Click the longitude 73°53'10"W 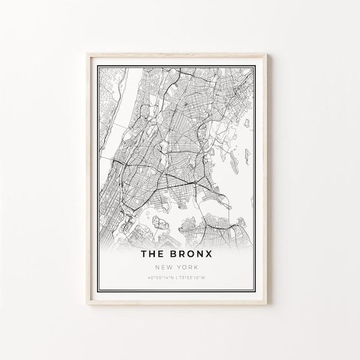[x=191, y=260]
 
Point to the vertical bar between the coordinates [x=174, y=260]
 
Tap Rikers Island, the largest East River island [x=160, y=223]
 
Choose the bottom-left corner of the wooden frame [x=88, y=304]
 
